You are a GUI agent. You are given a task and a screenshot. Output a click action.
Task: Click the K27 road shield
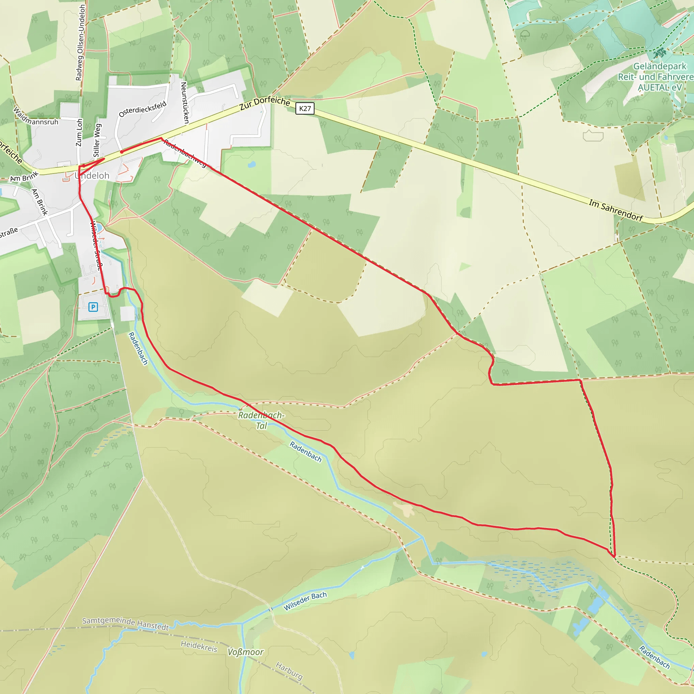click(x=305, y=108)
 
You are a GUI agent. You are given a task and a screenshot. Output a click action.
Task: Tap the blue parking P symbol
click(x=93, y=307)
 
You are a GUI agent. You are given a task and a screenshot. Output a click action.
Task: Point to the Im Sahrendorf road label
click(x=616, y=210)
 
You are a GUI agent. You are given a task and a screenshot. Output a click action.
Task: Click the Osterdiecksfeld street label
click(x=143, y=109)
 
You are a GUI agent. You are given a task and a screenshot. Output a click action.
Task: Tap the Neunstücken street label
click(x=185, y=103)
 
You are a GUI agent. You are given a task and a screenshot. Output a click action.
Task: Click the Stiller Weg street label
click(x=97, y=140)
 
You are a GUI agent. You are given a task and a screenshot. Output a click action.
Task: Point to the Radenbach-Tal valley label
click(x=261, y=420)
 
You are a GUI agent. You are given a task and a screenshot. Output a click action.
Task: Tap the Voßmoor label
click(x=246, y=652)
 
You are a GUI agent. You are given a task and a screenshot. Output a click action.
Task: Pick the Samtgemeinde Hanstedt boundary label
click(x=125, y=624)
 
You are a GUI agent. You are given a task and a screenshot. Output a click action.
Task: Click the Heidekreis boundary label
click(x=199, y=646)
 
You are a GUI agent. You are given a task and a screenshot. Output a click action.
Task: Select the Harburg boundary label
click(x=289, y=671)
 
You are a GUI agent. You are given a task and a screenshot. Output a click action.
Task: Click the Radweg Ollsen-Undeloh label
click(x=81, y=42)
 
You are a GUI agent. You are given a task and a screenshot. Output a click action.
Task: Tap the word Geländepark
click(x=659, y=66)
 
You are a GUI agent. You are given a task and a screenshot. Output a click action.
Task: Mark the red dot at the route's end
click(x=122, y=152)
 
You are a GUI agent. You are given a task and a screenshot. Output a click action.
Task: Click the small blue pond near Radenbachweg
click(x=251, y=164)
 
